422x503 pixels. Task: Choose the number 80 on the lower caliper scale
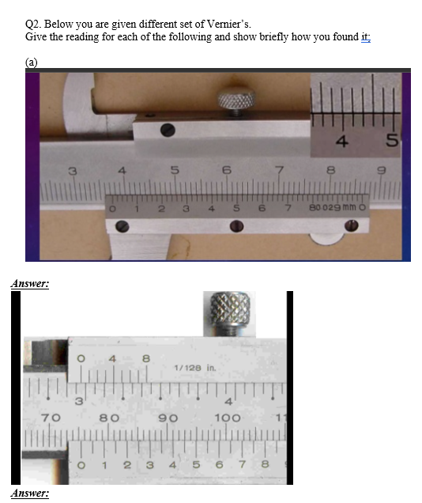(x=109, y=417)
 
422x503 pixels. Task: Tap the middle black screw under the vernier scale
(x=235, y=227)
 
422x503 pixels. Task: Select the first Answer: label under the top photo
(x=30, y=283)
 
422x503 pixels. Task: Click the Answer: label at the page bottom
(x=30, y=494)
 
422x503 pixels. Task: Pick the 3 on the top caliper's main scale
(x=72, y=169)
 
